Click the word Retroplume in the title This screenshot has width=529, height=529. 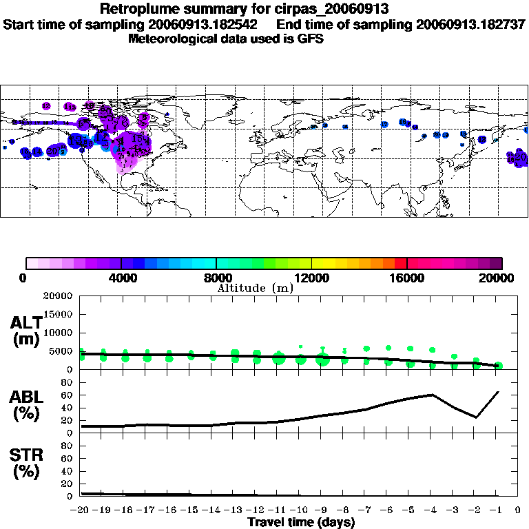[134, 10]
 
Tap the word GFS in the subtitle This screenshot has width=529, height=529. [311, 39]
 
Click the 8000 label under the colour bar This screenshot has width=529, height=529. [216, 278]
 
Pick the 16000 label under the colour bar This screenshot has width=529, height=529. [407, 278]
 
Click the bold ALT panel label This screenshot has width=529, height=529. [28, 322]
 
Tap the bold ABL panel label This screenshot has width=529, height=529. [28, 397]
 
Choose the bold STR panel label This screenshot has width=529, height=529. [28, 455]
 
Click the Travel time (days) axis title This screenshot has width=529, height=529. [301, 523]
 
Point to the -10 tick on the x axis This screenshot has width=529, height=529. [300, 510]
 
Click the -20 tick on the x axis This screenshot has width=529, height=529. [81, 510]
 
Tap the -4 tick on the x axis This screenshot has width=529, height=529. [431, 510]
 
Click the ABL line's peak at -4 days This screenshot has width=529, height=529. [432, 395]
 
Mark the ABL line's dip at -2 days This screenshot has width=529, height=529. [476, 417]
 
